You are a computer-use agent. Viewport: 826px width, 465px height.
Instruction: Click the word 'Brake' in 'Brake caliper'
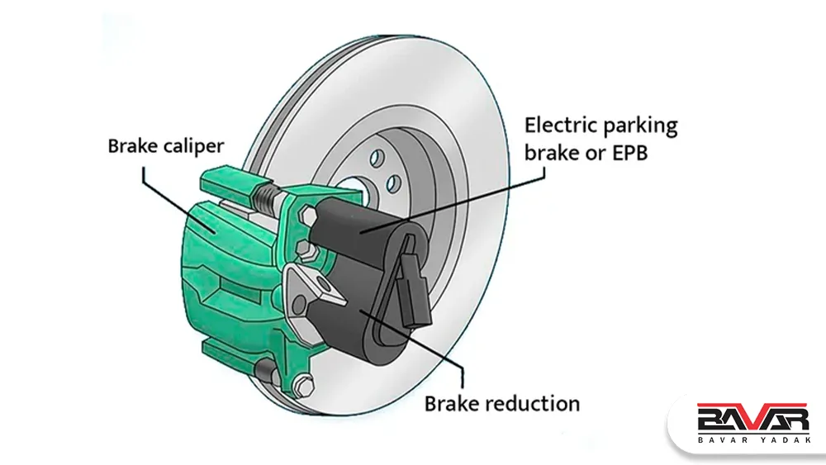click(133, 146)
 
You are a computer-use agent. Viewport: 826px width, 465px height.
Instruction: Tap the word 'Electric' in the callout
click(558, 126)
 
